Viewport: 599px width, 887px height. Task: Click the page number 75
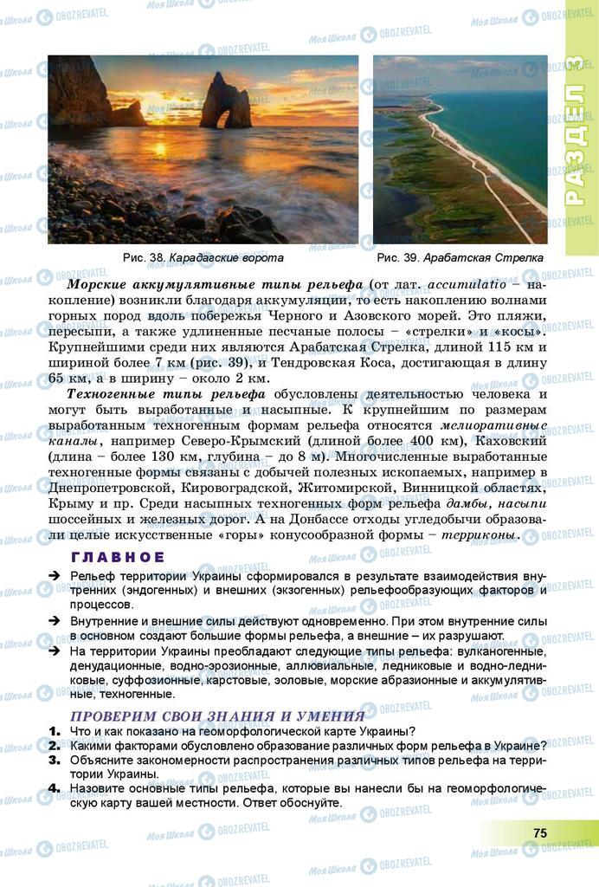(x=539, y=832)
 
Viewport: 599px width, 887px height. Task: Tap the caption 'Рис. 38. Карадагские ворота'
(x=203, y=258)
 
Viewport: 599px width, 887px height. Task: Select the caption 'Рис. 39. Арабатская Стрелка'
(x=460, y=258)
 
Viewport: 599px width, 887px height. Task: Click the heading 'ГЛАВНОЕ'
(x=118, y=557)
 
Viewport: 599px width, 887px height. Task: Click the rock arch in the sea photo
(x=226, y=102)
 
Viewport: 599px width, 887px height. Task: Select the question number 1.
(x=55, y=731)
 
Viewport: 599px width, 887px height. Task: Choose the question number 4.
(x=55, y=788)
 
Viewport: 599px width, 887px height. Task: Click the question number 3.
(x=55, y=760)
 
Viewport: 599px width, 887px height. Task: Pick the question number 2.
(x=55, y=745)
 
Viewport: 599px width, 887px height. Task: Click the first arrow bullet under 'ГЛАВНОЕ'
(x=54, y=576)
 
